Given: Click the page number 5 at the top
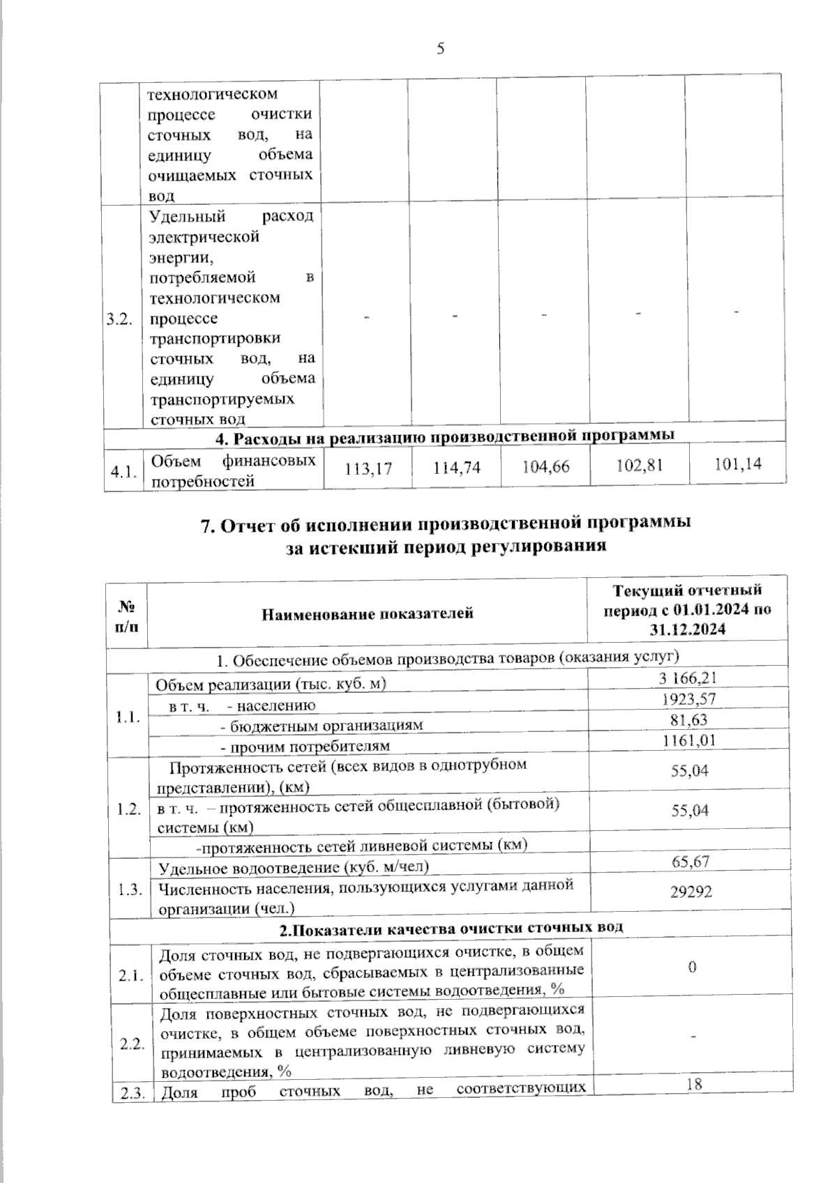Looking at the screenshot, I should pos(440,48).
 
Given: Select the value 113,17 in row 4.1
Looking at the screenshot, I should pos(368,470).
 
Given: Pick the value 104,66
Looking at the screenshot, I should pos(545,467).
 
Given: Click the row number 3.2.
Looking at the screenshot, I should pos(120,320).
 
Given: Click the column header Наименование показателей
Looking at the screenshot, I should pos(368,614).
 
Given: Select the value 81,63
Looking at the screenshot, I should pos(691,719).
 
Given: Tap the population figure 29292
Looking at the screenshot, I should pos(691,891).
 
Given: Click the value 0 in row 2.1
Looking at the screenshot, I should pos(693,968).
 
